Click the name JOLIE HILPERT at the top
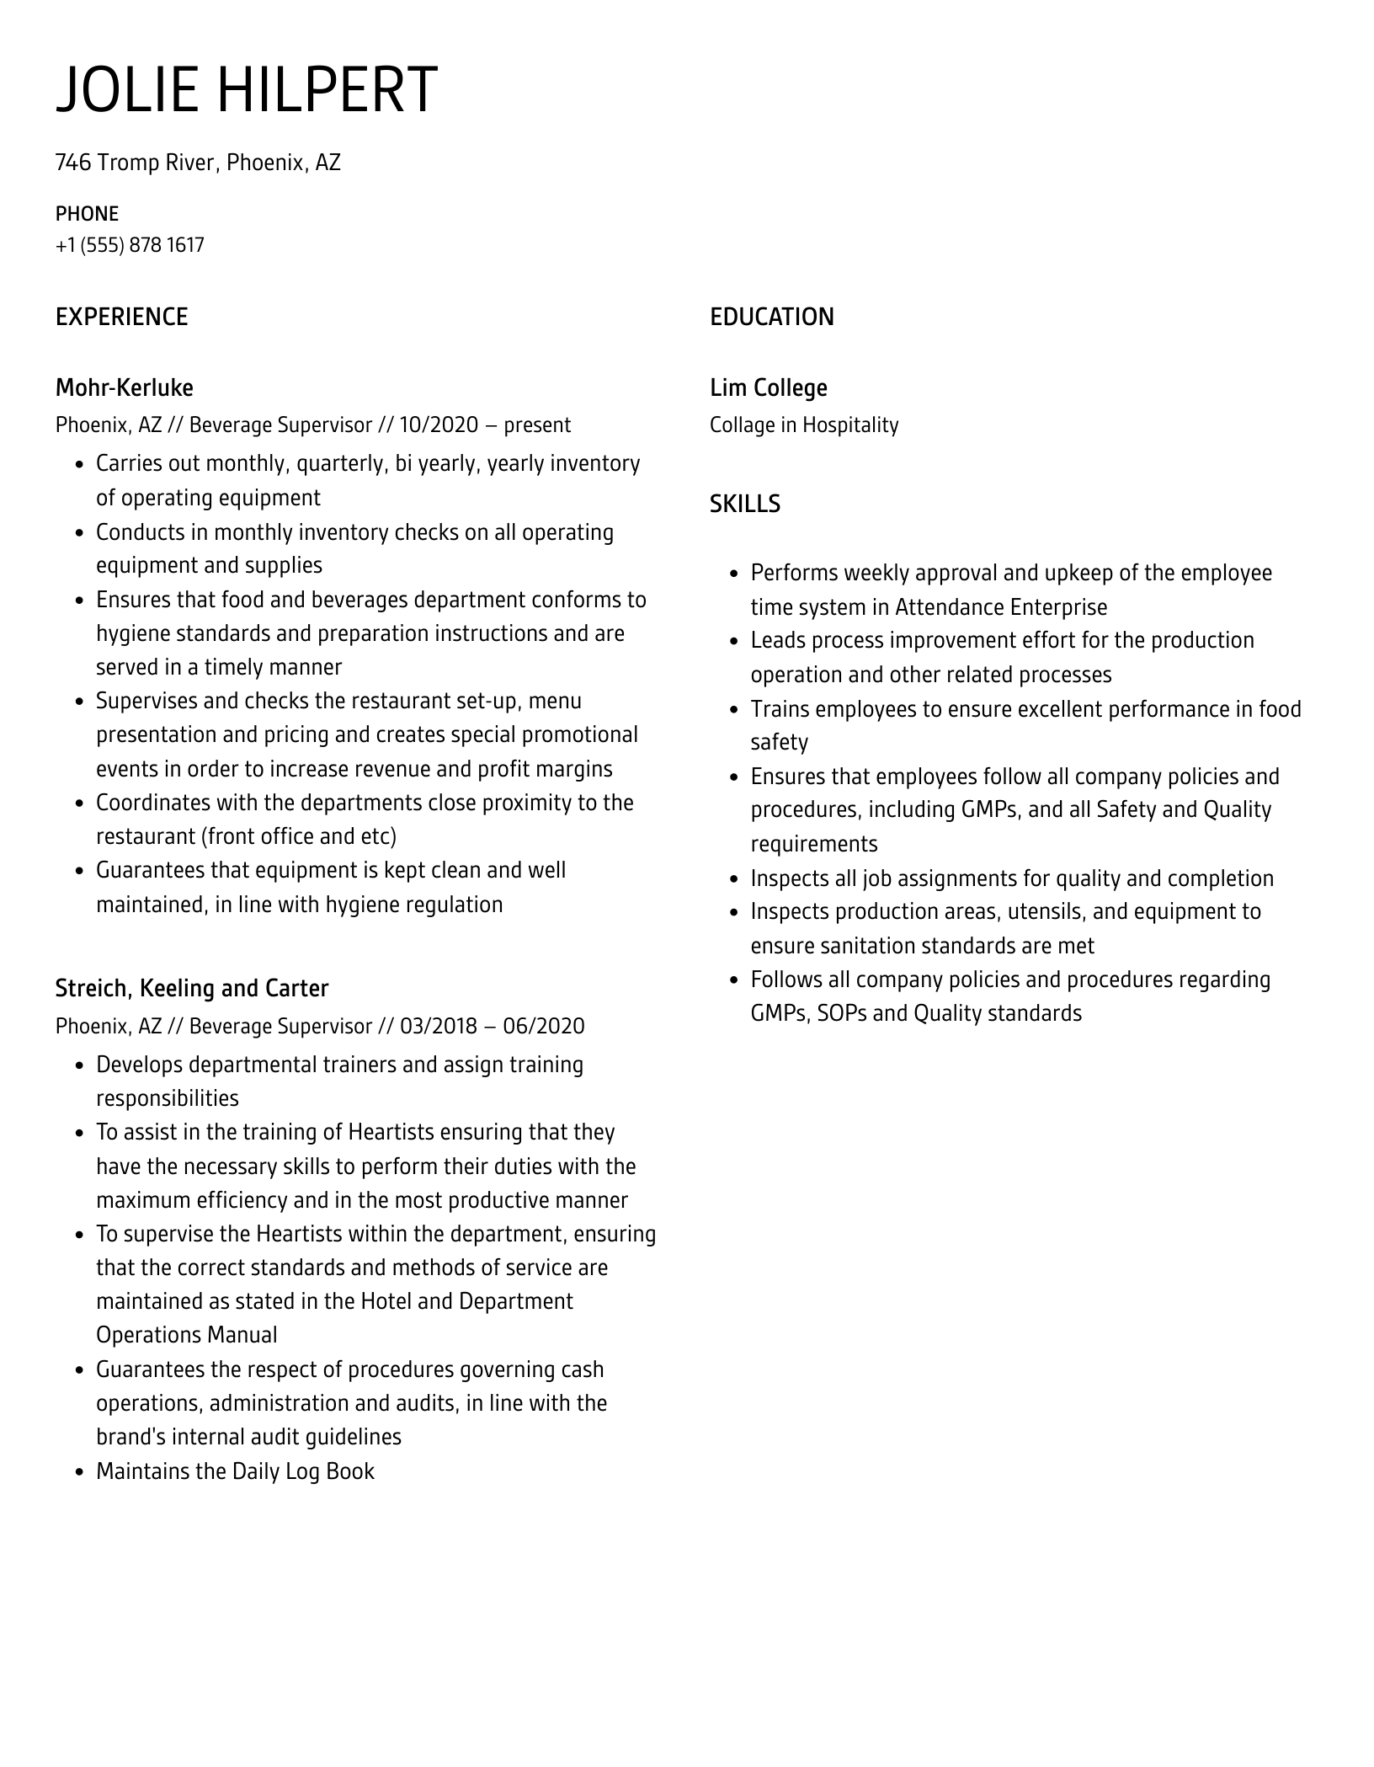pos(247,89)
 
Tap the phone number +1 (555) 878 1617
pos(130,245)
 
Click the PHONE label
pos(87,214)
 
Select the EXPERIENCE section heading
pos(121,317)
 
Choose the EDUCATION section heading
pos(771,317)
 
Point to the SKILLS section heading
pos(744,504)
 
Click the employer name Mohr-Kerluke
pos(124,387)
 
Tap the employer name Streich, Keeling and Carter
pos(191,988)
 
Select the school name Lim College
pos(768,387)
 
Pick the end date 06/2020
pos(544,1026)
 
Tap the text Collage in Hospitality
pos(803,425)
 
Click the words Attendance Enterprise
pos(1000,607)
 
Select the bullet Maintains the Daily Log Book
pos(235,1471)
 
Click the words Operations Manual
pos(186,1335)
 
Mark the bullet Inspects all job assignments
pos(1011,878)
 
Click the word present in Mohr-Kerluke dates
pos(537,425)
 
